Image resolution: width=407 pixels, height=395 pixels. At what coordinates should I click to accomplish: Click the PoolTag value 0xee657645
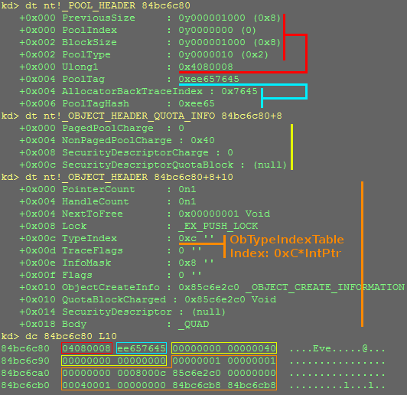click(x=209, y=79)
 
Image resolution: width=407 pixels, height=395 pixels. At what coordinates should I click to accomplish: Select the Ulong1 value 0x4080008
click(x=206, y=67)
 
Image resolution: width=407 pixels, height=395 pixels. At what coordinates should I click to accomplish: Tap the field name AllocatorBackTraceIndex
click(x=132, y=91)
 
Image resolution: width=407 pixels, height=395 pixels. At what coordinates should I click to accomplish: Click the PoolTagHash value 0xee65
click(x=197, y=103)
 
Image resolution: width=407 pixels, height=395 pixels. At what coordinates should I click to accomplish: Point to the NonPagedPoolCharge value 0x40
click(x=203, y=140)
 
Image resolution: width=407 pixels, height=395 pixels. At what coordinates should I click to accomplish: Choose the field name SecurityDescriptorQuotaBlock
click(x=148, y=165)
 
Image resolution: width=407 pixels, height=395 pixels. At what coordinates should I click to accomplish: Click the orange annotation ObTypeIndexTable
click(x=287, y=240)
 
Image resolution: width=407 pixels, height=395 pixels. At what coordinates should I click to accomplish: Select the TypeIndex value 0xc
click(x=187, y=238)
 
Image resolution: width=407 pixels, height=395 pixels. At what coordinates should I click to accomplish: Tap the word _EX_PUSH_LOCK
click(x=218, y=226)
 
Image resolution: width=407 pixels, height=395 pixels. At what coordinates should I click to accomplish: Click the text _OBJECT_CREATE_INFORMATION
click(x=325, y=287)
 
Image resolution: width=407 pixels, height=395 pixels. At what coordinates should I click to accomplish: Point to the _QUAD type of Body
click(x=194, y=324)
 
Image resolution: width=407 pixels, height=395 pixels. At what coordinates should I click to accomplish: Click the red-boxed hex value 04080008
click(x=86, y=348)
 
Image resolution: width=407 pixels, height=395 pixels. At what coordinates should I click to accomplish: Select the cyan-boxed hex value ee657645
click(x=142, y=348)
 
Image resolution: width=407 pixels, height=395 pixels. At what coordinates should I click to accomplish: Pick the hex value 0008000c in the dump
click(x=142, y=373)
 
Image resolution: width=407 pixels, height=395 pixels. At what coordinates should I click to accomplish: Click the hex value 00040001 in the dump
click(x=86, y=385)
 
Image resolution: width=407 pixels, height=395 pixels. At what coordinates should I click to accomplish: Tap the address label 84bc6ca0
click(x=25, y=373)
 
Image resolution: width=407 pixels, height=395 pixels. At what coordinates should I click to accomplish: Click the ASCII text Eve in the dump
click(x=322, y=348)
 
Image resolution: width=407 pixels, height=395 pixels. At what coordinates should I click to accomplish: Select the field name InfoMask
click(x=86, y=263)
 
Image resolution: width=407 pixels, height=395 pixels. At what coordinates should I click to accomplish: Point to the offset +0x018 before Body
click(x=37, y=324)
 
